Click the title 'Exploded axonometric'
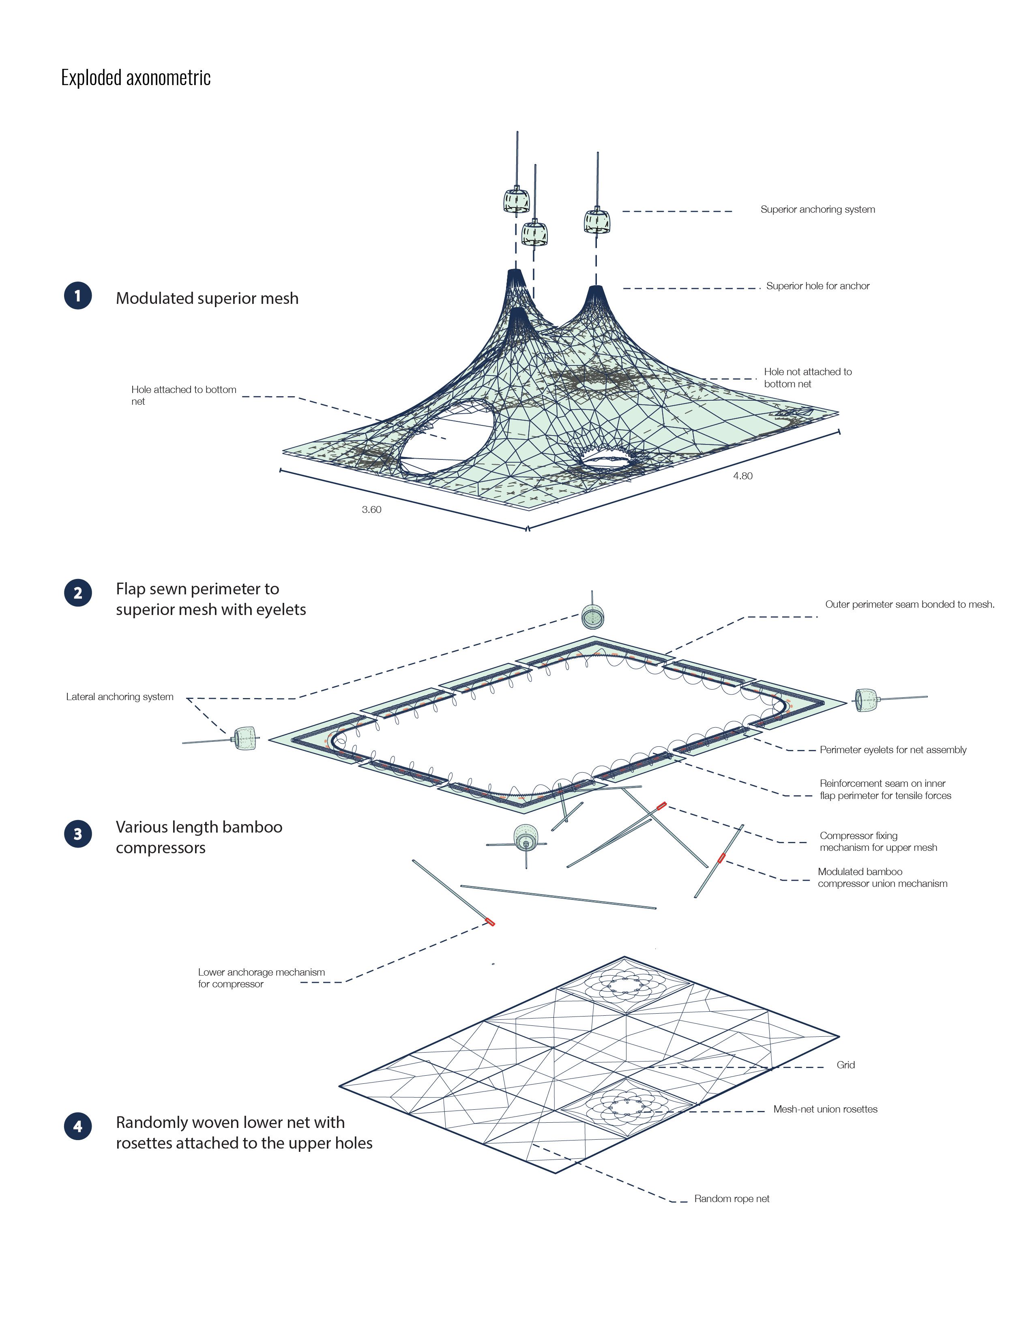pos(136,78)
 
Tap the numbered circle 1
pos(78,296)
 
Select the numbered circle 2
pos(78,593)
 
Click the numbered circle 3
pos(78,834)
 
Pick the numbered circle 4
pos(78,1126)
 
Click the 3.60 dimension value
pos(371,509)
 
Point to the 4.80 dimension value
pos(742,476)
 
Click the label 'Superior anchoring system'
pos(818,209)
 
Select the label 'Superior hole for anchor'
pos(818,286)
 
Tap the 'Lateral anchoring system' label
pos(120,697)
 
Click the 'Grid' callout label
pos(845,1065)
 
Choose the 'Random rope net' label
pos(732,1199)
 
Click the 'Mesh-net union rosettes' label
pos(825,1108)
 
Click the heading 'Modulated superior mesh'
pos(207,298)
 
